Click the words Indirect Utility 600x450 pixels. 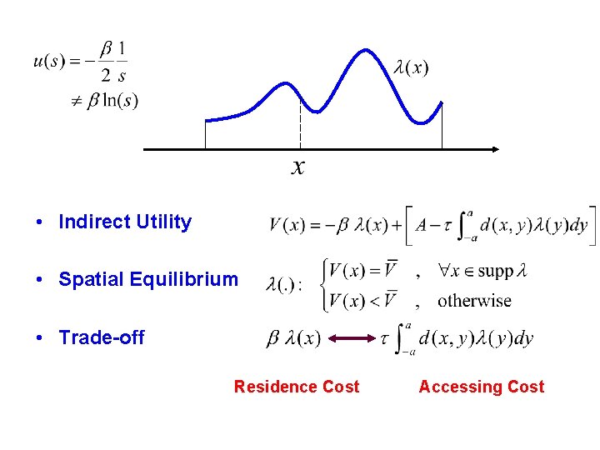[125, 222]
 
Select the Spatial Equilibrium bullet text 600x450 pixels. [147, 280]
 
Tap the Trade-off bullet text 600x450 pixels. [101, 337]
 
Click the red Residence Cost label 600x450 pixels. [297, 387]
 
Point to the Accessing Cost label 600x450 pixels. [481, 387]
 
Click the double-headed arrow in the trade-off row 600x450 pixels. [351, 338]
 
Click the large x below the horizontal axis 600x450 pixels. [298, 167]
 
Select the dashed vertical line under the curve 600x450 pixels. [300, 121]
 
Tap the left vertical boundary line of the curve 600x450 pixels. [205, 134]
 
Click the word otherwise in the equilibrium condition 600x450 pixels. [474, 300]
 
